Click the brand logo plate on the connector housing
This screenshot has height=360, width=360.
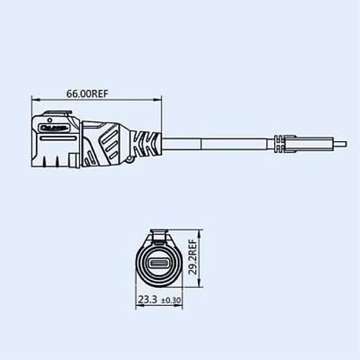click(54, 127)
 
